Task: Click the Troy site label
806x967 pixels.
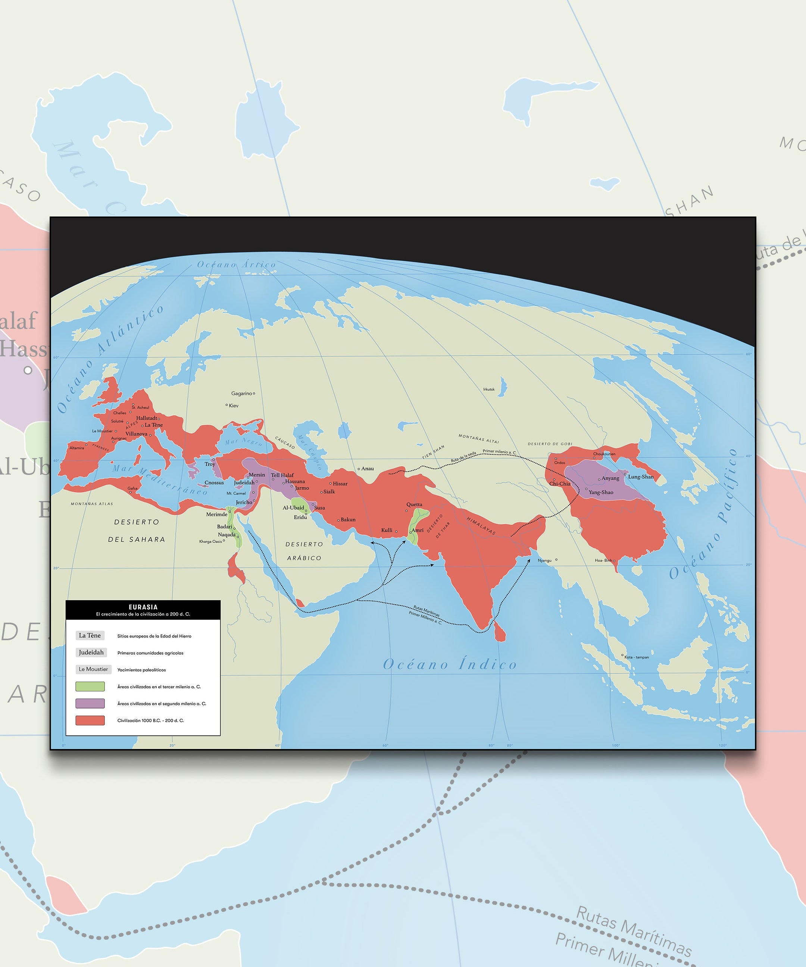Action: tap(210, 464)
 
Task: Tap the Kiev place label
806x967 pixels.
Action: tap(234, 406)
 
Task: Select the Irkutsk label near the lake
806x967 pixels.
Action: tap(489, 389)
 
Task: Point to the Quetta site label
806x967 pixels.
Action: tap(414, 505)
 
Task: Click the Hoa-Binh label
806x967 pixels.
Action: tap(603, 560)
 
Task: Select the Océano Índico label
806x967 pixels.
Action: tap(450, 664)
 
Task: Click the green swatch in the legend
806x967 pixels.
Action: tap(90, 686)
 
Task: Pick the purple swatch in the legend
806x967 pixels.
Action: tap(90, 704)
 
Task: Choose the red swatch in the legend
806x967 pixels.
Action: tap(90, 721)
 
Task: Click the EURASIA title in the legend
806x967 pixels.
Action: tap(143, 607)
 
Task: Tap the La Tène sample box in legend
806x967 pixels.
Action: tap(90, 635)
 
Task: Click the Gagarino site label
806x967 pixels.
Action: tap(241, 394)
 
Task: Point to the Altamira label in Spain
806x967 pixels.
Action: tap(76, 448)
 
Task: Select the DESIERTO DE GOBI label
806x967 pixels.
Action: tap(550, 444)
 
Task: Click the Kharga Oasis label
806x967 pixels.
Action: tap(210, 542)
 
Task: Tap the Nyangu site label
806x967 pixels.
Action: tap(544, 560)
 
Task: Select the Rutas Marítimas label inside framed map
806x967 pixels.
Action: tap(426, 611)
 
